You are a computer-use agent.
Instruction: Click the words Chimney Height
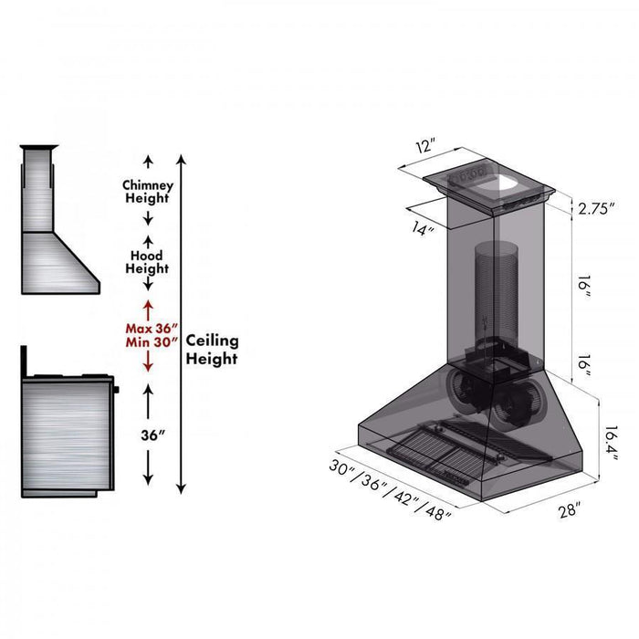click(147, 192)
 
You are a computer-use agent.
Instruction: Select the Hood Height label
click(147, 263)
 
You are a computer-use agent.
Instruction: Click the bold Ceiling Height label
click(212, 349)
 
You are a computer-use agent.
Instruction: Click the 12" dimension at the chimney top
click(425, 146)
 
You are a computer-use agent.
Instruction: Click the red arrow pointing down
click(147, 362)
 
